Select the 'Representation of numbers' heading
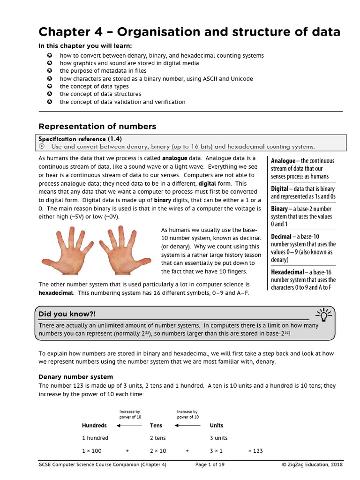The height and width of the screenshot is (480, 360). pyautogui.click(x=97, y=127)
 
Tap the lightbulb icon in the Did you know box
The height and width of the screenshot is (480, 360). pyautogui.click(x=324, y=313)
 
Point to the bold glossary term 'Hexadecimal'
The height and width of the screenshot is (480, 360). pyautogui.click(x=287, y=272)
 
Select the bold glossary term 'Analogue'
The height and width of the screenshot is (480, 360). pyautogui.click(x=283, y=161)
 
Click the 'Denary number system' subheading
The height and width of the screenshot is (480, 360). pyautogui.click(x=75, y=377)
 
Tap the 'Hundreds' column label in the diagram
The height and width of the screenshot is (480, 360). pyautogui.click(x=94, y=426)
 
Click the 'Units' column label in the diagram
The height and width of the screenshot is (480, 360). pyautogui.click(x=217, y=426)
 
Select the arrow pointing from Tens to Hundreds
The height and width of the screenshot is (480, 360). pyautogui.click(x=129, y=426)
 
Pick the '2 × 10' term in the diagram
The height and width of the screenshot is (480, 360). pyautogui.click(x=158, y=451)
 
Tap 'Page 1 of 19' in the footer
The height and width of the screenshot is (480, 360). pyautogui.click(x=210, y=465)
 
